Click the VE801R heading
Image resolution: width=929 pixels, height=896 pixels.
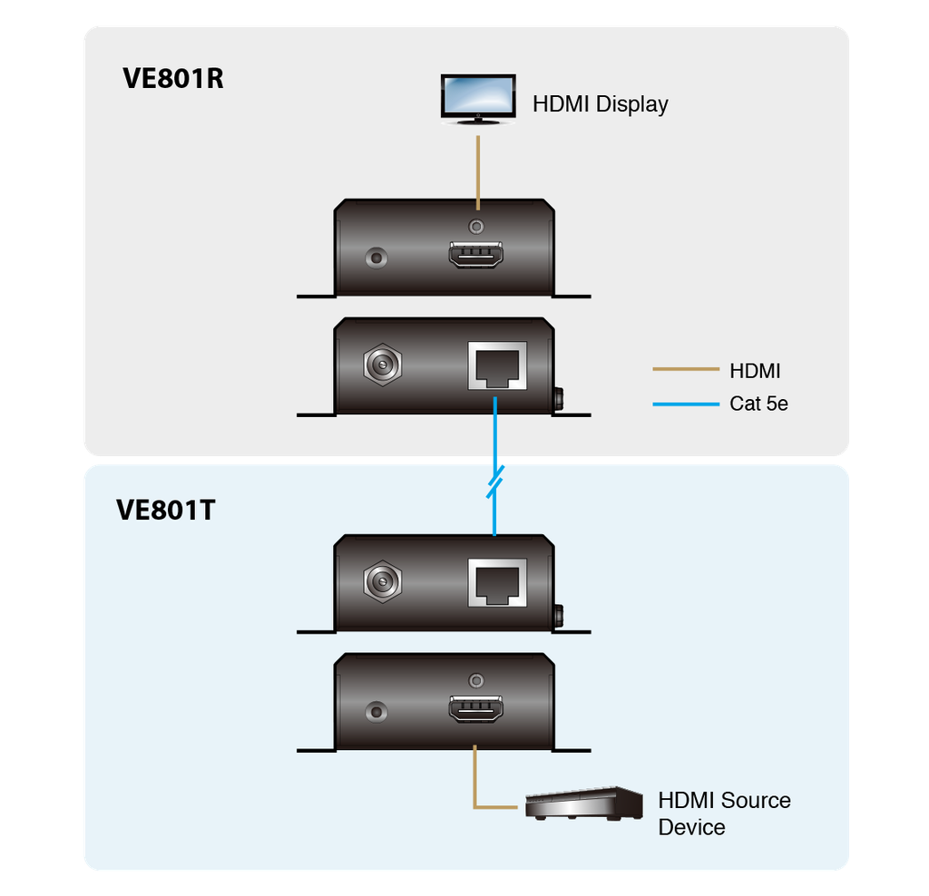pos(172,79)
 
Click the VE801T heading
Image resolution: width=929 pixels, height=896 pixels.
pos(165,511)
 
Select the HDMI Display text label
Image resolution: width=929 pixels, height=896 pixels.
pos(600,103)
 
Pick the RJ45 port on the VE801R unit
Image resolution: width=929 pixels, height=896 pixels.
pos(496,365)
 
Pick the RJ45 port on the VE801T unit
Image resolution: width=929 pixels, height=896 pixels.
pos(496,582)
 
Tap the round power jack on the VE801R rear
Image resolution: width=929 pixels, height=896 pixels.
pos(383,366)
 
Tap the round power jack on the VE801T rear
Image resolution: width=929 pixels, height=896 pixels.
pos(383,582)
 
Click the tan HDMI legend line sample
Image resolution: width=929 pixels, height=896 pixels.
pos(685,370)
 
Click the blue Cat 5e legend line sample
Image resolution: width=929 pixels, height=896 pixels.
pos(685,404)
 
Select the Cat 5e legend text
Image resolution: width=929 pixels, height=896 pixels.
pos(758,404)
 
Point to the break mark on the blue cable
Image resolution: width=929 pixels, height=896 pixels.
pos(494,483)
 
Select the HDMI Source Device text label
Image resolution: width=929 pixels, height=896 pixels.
pos(723,813)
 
